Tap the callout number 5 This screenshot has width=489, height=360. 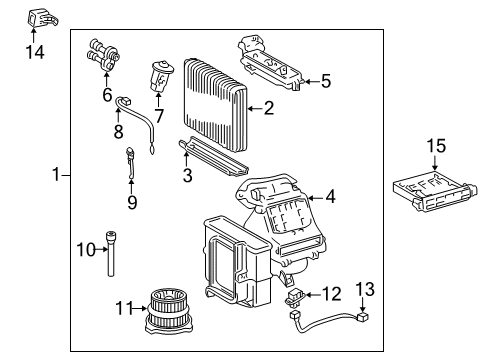[325, 80]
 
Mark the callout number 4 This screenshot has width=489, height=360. [330, 197]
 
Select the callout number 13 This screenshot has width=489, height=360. [367, 289]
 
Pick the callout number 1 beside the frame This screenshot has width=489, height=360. [56, 176]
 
